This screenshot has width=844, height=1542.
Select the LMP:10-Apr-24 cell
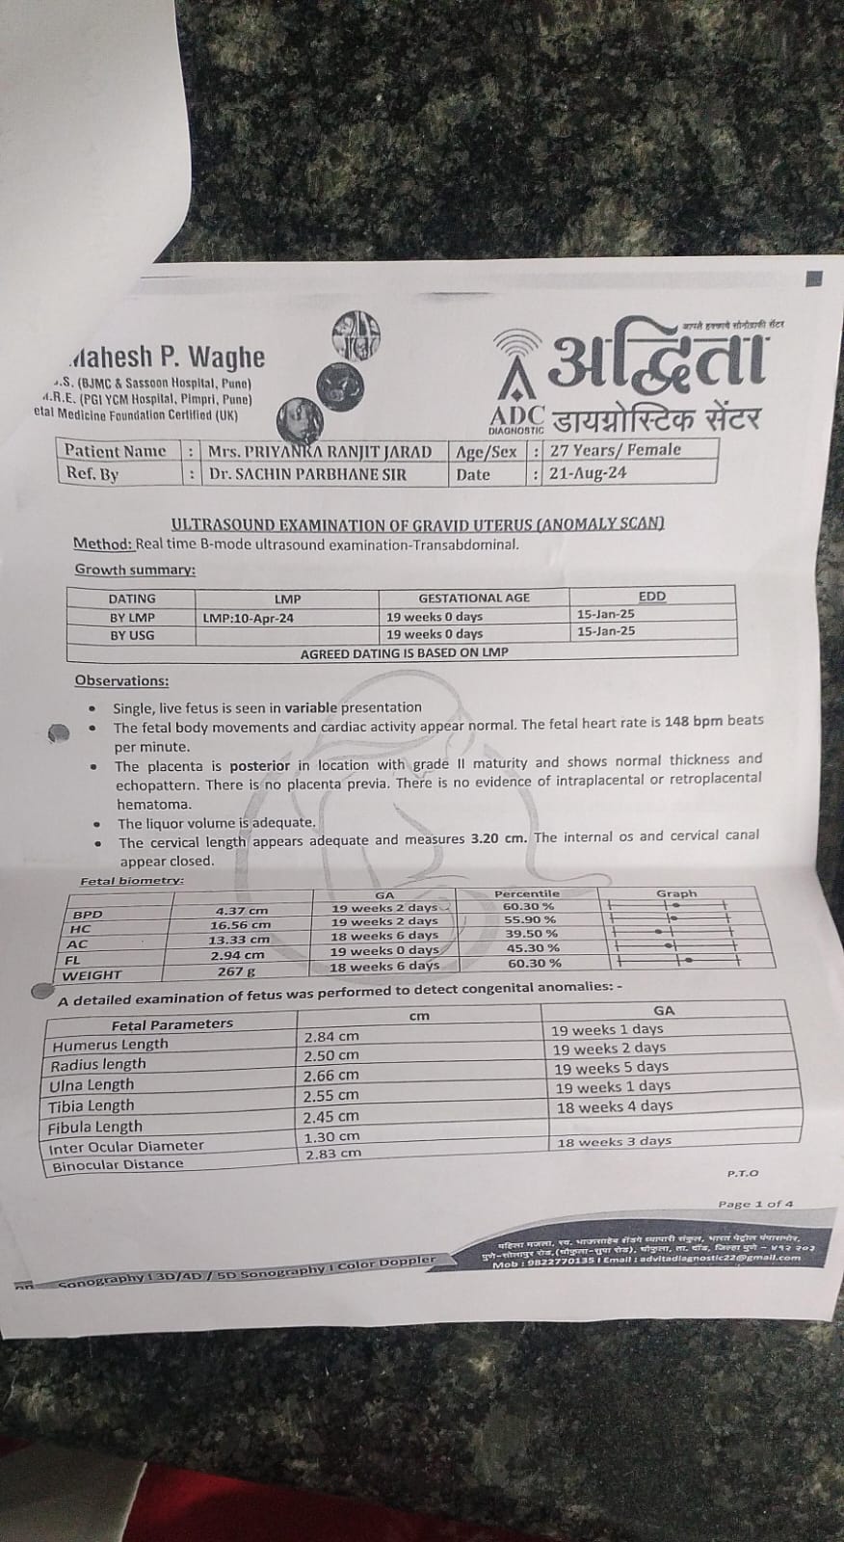click(249, 618)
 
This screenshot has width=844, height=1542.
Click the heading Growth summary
click(135, 570)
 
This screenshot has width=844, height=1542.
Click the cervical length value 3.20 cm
click(498, 837)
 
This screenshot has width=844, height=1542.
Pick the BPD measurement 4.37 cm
click(242, 910)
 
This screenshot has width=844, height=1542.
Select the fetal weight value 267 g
click(230, 971)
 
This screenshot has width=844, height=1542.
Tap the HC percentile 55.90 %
click(524, 920)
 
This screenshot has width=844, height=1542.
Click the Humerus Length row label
click(110, 1045)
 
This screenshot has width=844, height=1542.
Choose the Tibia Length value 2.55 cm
click(330, 1096)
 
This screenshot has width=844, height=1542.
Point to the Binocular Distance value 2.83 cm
click(332, 1154)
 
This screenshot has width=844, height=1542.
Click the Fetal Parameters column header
click(171, 1024)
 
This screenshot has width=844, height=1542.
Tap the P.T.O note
click(743, 1173)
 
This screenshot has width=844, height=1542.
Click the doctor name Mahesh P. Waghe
click(169, 358)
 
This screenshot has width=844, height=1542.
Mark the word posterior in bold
click(259, 765)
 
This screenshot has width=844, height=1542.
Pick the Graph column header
click(676, 893)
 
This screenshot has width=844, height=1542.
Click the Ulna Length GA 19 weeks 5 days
click(611, 1067)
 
